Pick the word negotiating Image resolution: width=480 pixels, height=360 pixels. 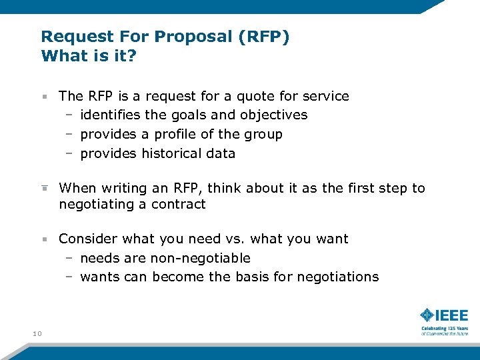97,205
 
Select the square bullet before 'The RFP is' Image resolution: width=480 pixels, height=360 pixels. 44,97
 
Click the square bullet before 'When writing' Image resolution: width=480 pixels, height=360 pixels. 44,188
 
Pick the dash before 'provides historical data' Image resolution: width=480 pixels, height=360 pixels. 69,153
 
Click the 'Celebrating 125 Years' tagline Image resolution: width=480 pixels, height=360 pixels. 444,329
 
